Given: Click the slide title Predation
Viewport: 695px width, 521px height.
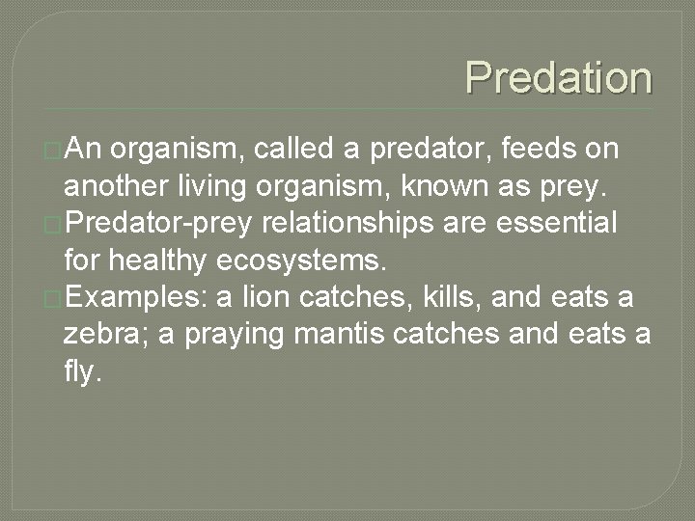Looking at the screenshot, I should (x=558, y=78).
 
